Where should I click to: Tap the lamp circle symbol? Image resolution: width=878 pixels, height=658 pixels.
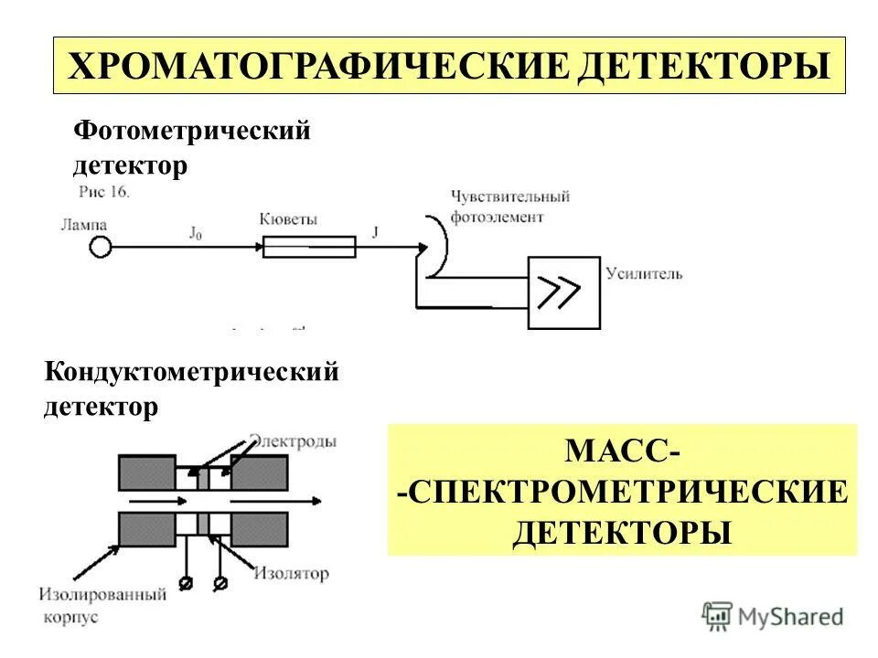[101, 247]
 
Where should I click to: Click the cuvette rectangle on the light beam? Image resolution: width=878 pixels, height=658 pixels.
[309, 247]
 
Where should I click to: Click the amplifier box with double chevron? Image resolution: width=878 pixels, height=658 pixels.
[564, 292]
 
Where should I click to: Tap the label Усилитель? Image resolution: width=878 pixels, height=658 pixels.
[644, 273]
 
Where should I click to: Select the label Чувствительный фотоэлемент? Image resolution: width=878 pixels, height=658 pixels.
[509, 207]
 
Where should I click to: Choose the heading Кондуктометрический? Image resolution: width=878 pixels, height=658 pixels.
[192, 372]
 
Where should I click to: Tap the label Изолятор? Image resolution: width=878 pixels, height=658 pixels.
[291, 574]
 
